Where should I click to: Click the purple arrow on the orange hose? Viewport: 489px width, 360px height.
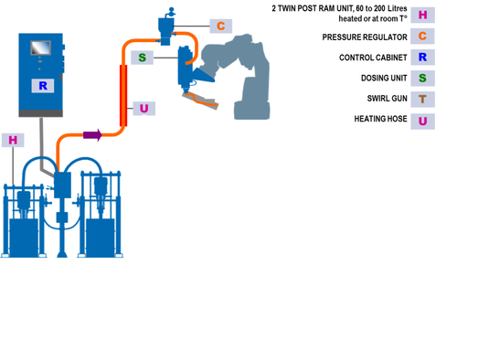[x=92, y=135]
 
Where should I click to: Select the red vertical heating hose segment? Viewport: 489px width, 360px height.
[x=122, y=95]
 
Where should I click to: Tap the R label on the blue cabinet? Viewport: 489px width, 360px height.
[x=42, y=86]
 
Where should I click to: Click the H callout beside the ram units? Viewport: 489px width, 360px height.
[x=13, y=140]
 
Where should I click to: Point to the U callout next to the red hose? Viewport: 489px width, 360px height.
[x=144, y=109]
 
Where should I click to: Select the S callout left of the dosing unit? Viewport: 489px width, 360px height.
[x=142, y=58]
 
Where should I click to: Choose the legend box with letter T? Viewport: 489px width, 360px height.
[x=421, y=99]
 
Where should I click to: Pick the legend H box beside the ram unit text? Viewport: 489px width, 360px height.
[x=421, y=15]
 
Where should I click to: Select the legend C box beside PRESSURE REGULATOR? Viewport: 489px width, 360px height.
[x=421, y=37]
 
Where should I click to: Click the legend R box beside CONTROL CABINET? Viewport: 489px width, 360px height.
[x=421, y=58]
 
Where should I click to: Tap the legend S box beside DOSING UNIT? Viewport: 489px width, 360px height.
[x=421, y=79]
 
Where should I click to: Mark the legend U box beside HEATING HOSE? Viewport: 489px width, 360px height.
[x=421, y=120]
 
